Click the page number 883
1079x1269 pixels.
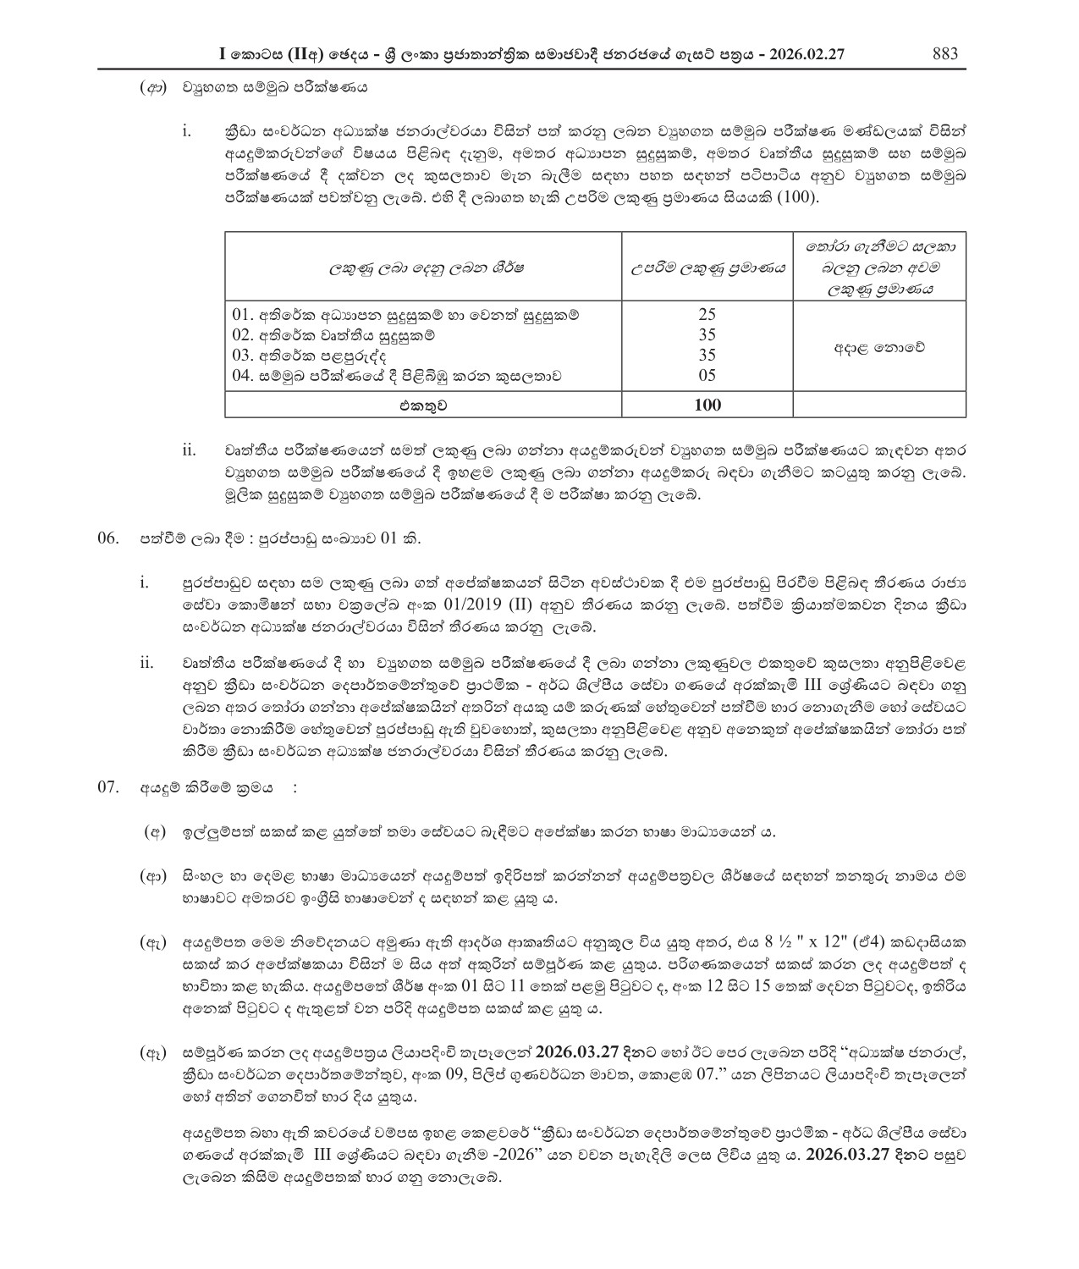point(944,54)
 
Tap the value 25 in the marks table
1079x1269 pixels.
point(707,314)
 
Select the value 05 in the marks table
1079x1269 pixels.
point(707,375)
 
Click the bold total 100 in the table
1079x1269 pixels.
point(707,405)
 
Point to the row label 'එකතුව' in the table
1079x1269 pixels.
point(422,405)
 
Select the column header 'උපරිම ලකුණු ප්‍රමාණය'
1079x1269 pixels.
point(707,268)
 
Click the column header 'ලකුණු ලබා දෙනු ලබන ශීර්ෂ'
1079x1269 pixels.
point(422,268)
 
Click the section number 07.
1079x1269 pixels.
point(107,787)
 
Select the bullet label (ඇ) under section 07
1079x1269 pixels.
point(152,942)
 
